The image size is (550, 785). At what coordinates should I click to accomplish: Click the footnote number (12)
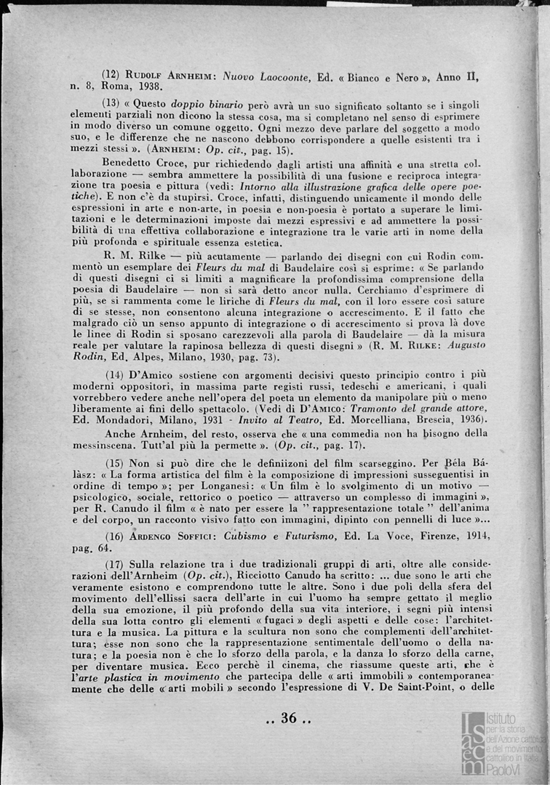[x=111, y=75]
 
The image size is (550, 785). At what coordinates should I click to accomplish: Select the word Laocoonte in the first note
[x=281, y=75]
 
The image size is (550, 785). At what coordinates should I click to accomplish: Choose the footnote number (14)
[x=115, y=374]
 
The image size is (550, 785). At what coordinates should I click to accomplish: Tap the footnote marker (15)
[x=114, y=463]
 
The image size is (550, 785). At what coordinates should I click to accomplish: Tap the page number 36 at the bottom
[x=289, y=718]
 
